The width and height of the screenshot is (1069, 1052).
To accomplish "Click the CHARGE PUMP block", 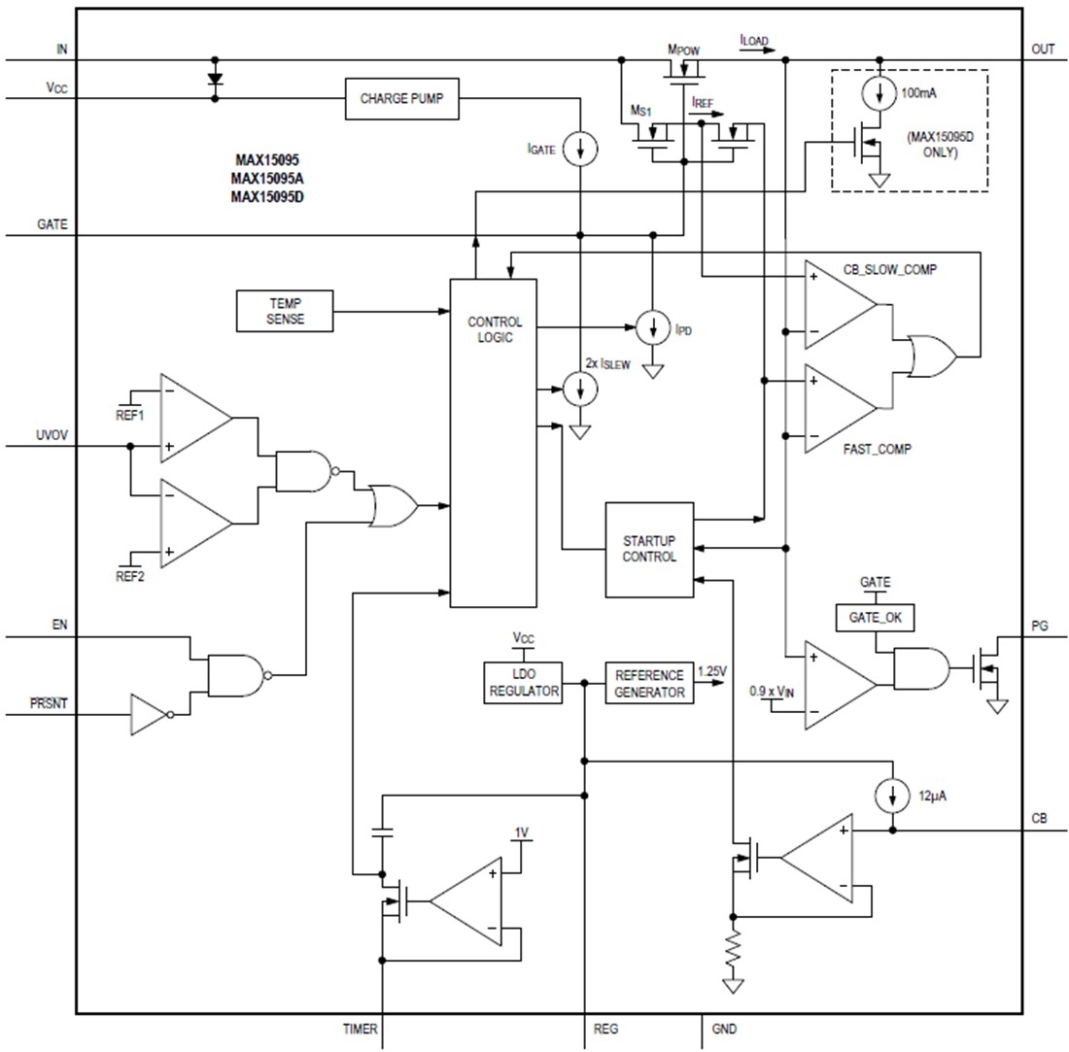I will (402, 99).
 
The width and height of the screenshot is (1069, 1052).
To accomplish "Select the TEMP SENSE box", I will (284, 310).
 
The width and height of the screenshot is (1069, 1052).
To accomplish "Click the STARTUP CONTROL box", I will (649, 549).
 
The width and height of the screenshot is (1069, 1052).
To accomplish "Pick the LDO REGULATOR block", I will (524, 683).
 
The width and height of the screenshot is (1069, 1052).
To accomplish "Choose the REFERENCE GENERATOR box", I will (649, 682).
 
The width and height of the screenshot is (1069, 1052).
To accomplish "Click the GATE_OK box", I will (875, 617).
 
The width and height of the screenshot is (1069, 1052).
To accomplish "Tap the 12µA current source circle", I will (891, 796).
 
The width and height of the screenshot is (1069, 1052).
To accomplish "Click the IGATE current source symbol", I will (581, 149).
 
